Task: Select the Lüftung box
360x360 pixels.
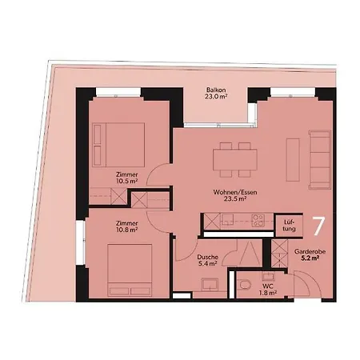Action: click(x=290, y=226)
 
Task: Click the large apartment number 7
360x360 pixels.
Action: click(x=318, y=226)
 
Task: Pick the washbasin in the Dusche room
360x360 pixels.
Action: click(x=210, y=283)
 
